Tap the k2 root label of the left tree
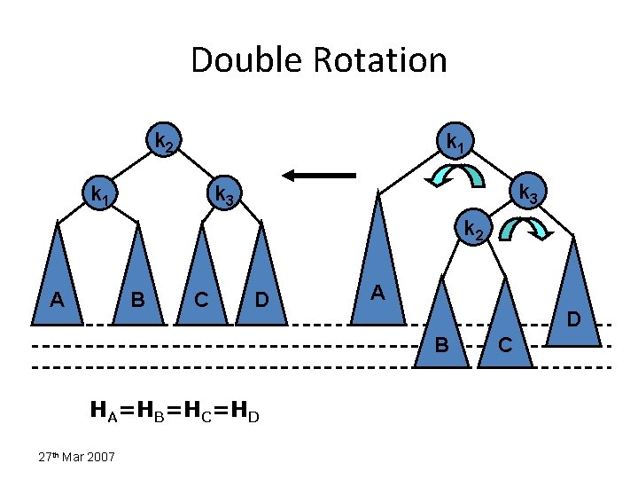164,142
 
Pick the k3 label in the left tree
222,193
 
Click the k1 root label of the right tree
455,142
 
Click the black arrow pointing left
319,176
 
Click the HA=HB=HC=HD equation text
175,410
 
